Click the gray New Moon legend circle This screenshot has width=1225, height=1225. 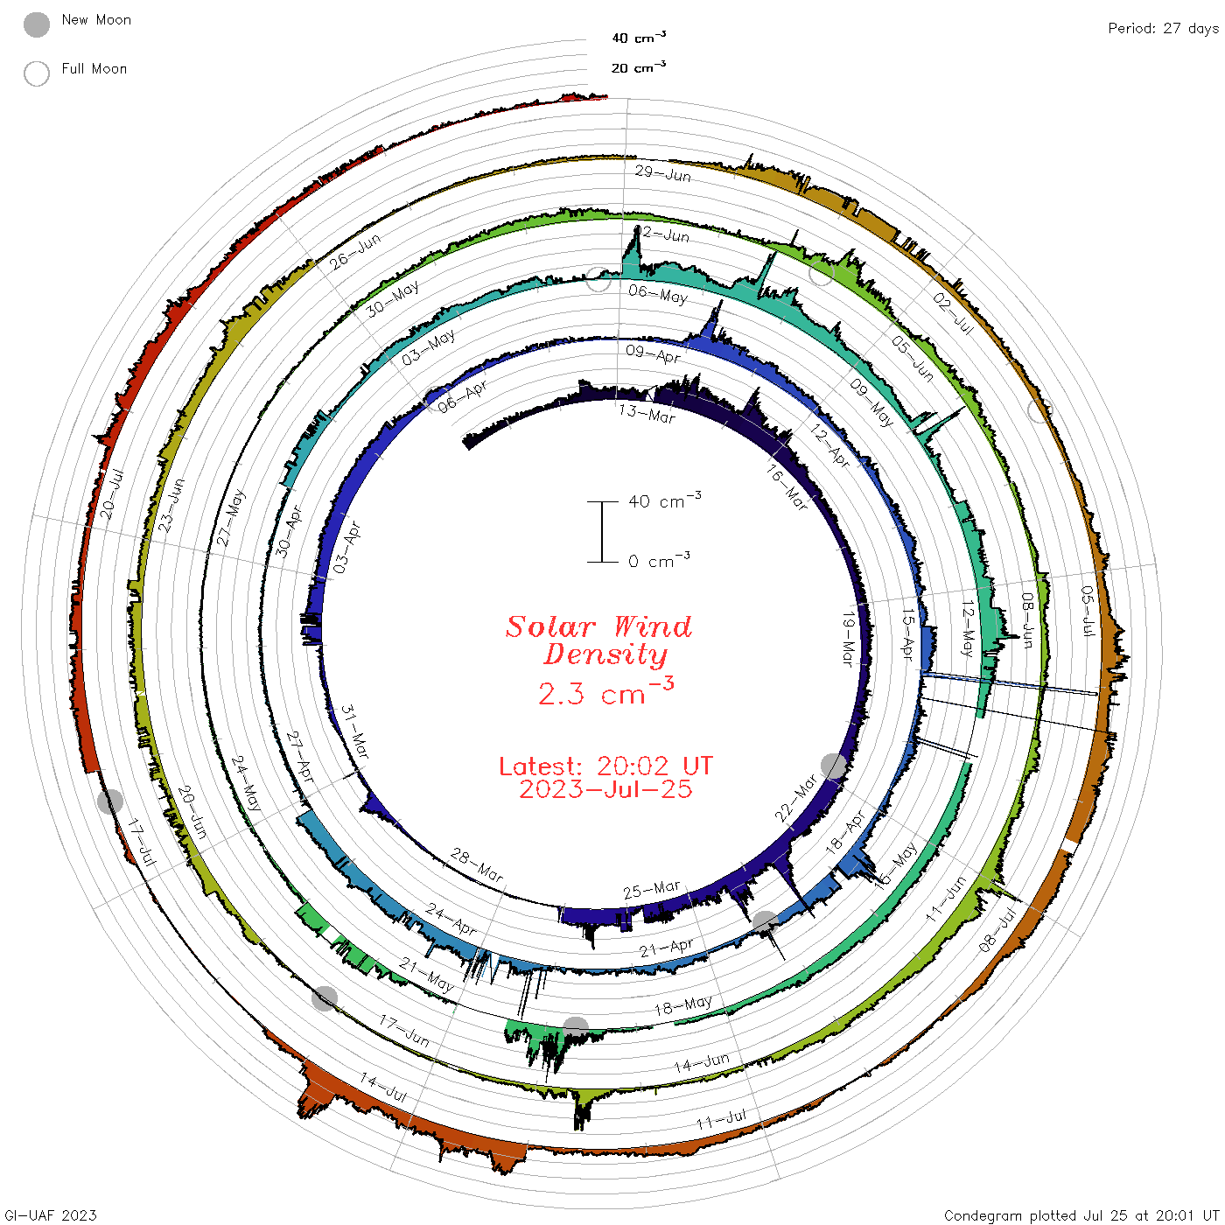[36, 24]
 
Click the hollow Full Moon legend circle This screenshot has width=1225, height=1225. [36, 73]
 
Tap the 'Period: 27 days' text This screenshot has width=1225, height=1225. [1163, 29]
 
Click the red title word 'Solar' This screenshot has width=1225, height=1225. [550, 626]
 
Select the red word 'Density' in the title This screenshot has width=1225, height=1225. [605, 654]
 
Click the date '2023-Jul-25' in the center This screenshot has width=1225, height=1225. [605, 789]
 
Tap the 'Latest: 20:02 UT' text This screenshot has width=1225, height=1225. [605, 766]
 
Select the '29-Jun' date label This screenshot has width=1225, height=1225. [662, 173]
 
